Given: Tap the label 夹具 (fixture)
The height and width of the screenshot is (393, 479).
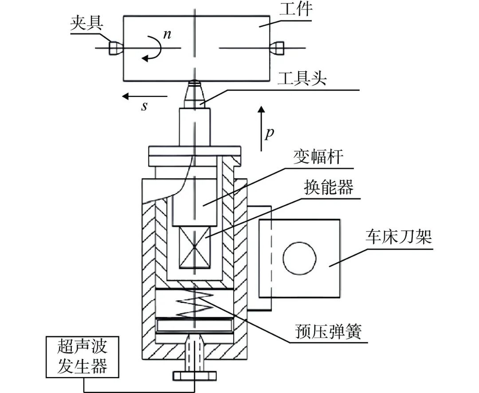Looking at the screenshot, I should click(85, 25).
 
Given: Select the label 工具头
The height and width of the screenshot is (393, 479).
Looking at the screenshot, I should click(302, 80).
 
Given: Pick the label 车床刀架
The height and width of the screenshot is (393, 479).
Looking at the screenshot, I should click(398, 238).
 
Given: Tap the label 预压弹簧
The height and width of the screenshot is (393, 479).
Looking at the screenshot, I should click(327, 331).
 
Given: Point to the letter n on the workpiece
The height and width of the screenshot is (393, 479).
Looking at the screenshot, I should click(167, 35).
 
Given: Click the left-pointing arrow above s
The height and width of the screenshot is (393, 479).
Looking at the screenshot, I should click(145, 96).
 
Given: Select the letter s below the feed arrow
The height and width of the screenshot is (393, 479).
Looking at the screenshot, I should click(144, 107).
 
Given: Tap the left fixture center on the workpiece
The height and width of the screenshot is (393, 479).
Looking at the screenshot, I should click(114, 48).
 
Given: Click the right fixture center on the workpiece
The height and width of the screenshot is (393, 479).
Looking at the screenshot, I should click(278, 48).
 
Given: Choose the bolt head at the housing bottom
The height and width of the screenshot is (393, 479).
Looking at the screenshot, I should click(194, 376).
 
